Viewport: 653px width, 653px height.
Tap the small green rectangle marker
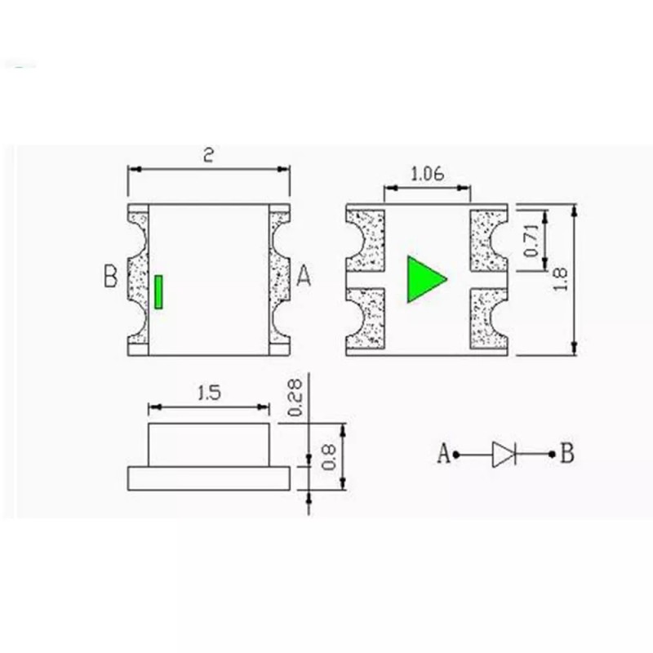click(x=158, y=292)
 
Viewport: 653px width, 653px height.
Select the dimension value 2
click(x=208, y=155)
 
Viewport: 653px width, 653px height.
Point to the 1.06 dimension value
click(x=427, y=174)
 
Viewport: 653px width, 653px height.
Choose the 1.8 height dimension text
click(x=561, y=279)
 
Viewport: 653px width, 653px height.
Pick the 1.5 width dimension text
click(x=209, y=393)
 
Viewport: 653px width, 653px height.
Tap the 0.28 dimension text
click(x=295, y=398)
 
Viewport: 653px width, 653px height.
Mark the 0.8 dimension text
click(x=329, y=457)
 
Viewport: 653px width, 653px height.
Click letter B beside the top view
click(x=110, y=276)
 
